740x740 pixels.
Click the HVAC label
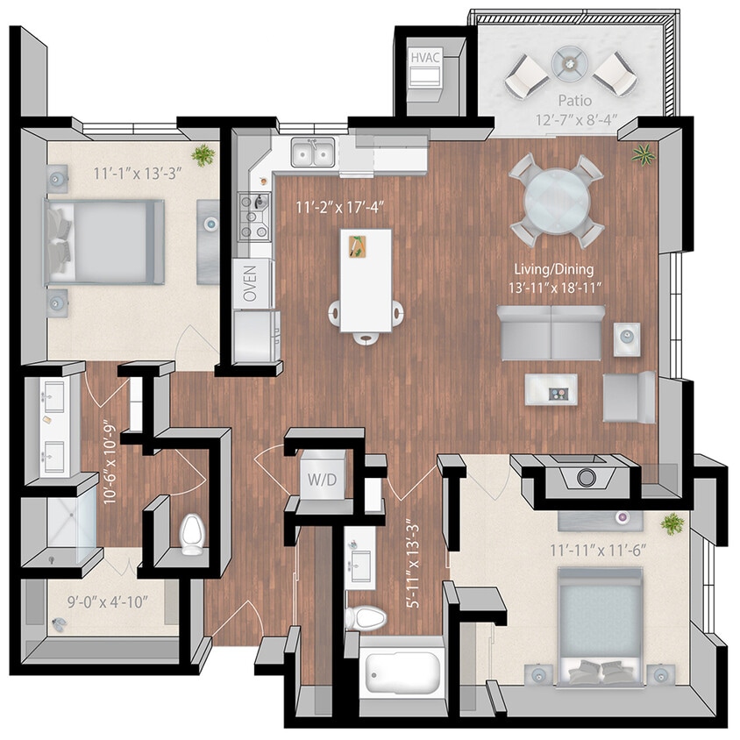coord(426,58)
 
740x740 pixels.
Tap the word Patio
coord(575,103)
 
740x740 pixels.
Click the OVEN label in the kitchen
coord(251,283)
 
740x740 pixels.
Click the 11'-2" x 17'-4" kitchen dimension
coord(331,208)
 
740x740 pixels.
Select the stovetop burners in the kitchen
coord(254,216)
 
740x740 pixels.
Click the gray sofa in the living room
coord(550,332)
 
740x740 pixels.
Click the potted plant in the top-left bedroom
coord(203,155)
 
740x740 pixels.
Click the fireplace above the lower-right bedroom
coord(585,478)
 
